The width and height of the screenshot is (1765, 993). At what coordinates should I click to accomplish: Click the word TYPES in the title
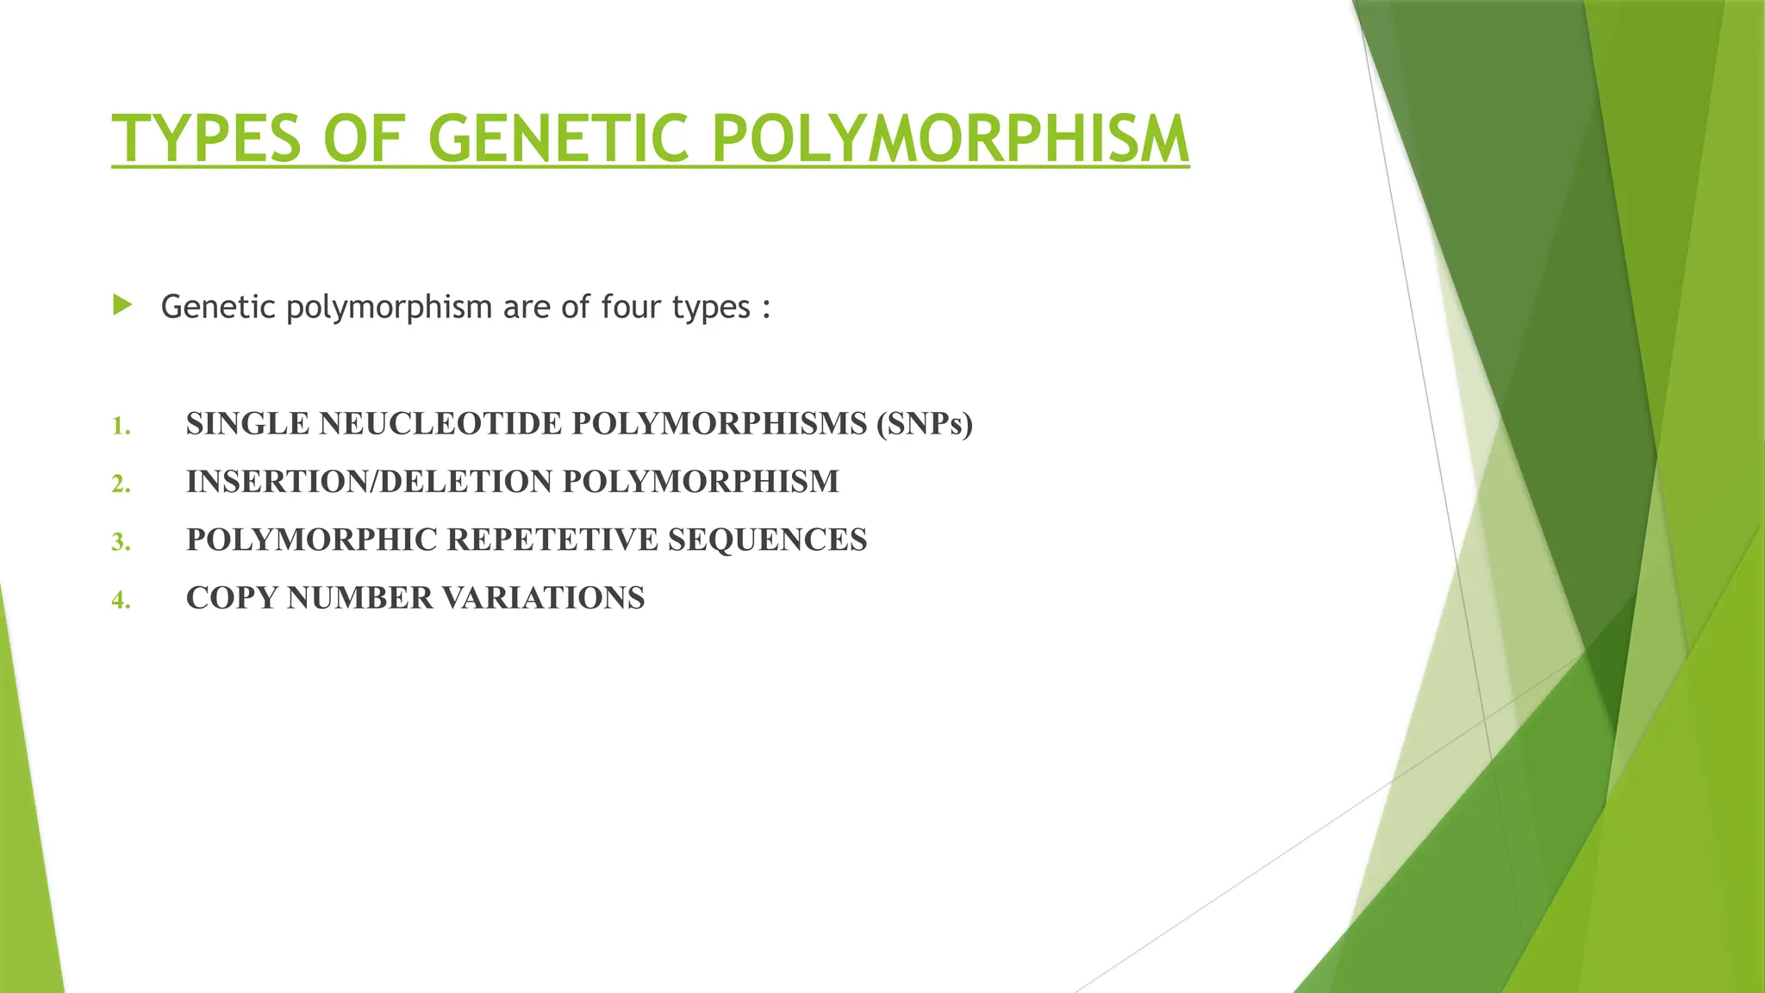point(207,139)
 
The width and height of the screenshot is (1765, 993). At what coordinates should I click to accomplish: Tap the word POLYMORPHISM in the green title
point(951,139)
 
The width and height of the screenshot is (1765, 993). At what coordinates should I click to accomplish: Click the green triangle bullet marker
point(122,304)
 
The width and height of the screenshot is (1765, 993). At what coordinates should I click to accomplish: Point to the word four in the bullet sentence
point(631,307)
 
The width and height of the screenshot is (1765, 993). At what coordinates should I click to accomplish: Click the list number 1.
point(121,426)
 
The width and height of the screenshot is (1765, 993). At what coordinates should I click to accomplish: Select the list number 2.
point(121,484)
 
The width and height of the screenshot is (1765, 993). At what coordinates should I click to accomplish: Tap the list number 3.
point(121,541)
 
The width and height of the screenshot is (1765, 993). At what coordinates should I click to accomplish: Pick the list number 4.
point(121,599)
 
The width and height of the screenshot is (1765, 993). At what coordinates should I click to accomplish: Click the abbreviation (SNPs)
point(924,424)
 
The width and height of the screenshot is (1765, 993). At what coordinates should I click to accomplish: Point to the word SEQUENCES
point(767,540)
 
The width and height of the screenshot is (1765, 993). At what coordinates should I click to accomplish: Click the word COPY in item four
point(231,598)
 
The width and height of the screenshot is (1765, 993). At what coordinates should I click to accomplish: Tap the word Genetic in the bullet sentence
point(218,307)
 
